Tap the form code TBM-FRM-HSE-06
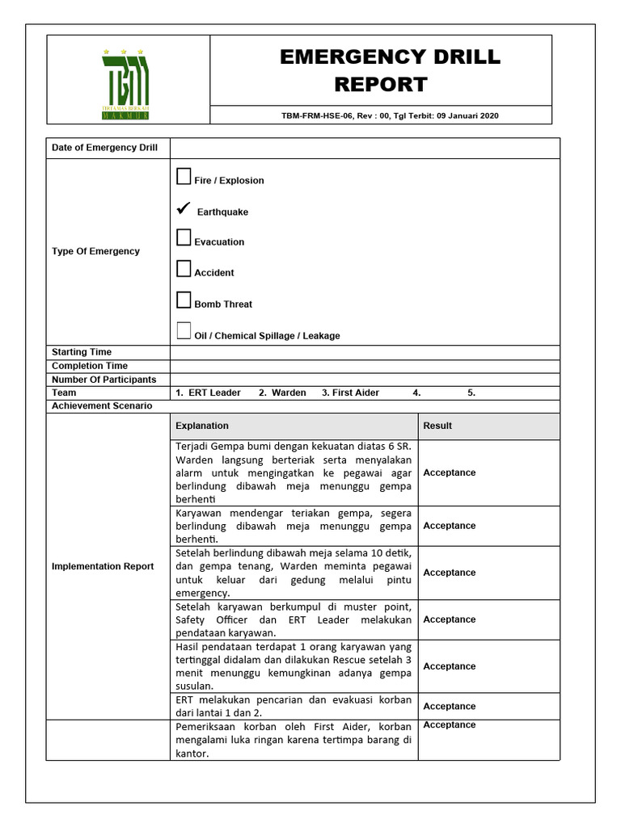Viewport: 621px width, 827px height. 311,115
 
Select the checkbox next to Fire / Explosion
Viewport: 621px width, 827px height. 184,177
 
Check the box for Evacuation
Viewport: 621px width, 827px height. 184,238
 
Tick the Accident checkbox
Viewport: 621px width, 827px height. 184,269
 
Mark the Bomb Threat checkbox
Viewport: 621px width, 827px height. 184,300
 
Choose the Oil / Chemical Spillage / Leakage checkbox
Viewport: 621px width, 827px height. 184,331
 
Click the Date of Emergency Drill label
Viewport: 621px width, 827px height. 104,148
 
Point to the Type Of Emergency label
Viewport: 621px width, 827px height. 95,251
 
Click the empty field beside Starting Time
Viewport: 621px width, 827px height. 364,352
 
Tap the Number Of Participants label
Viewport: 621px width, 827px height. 103,380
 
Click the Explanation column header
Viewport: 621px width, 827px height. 202,426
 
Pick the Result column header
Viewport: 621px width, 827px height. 437,426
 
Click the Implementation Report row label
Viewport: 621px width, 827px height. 102,566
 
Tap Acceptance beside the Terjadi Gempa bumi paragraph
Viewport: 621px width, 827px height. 450,472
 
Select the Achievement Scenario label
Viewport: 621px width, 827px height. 102,406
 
